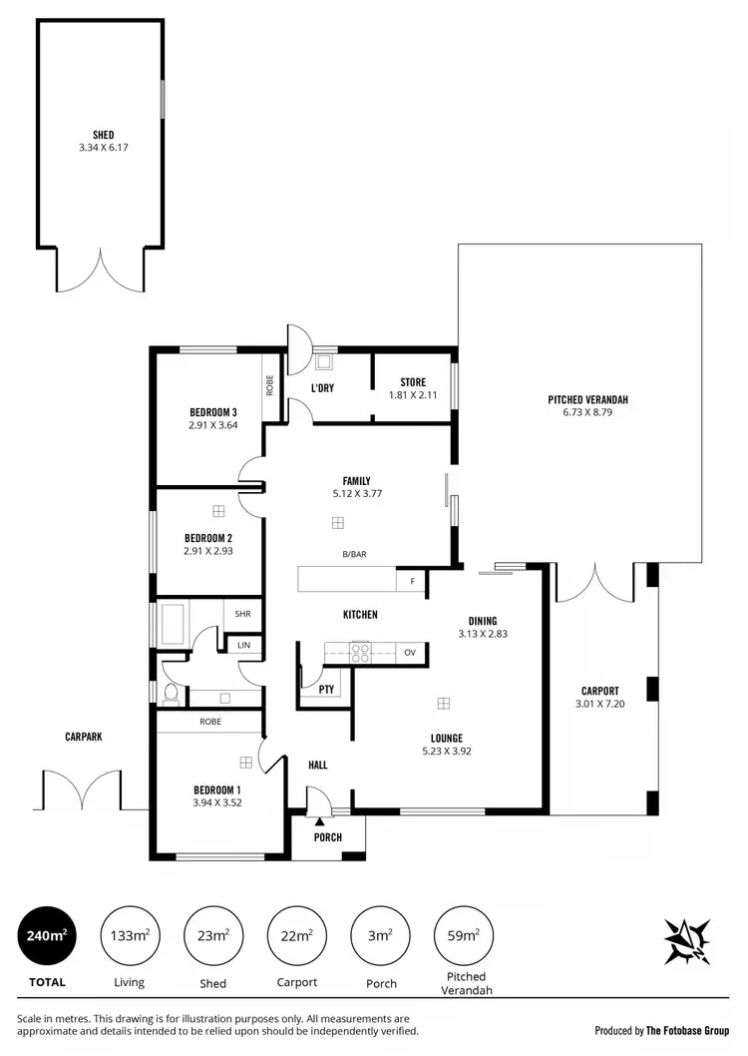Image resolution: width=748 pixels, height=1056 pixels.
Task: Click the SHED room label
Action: [x=103, y=135]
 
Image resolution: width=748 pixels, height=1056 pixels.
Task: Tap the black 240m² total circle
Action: [x=47, y=936]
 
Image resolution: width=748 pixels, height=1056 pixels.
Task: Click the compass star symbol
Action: [x=688, y=940]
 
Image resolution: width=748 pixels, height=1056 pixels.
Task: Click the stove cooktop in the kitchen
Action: [x=360, y=653]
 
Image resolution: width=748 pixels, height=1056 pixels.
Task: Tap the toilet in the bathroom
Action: [x=172, y=691]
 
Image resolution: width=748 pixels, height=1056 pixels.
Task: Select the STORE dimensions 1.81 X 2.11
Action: [x=413, y=394]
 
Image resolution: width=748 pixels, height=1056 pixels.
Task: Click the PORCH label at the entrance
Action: [x=327, y=836]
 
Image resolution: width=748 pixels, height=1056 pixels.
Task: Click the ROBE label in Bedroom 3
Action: [x=270, y=385]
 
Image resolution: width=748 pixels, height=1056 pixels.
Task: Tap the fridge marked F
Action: [x=410, y=580]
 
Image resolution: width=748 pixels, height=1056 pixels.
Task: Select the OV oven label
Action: [x=410, y=653]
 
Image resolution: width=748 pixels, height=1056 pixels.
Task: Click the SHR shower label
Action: [x=243, y=615]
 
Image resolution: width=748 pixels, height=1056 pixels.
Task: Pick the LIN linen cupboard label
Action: [x=244, y=646]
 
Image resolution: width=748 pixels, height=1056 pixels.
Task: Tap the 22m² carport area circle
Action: [x=297, y=936]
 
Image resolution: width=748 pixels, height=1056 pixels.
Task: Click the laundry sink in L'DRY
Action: [x=324, y=363]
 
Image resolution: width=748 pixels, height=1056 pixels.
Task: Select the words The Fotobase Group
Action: [x=687, y=1030]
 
